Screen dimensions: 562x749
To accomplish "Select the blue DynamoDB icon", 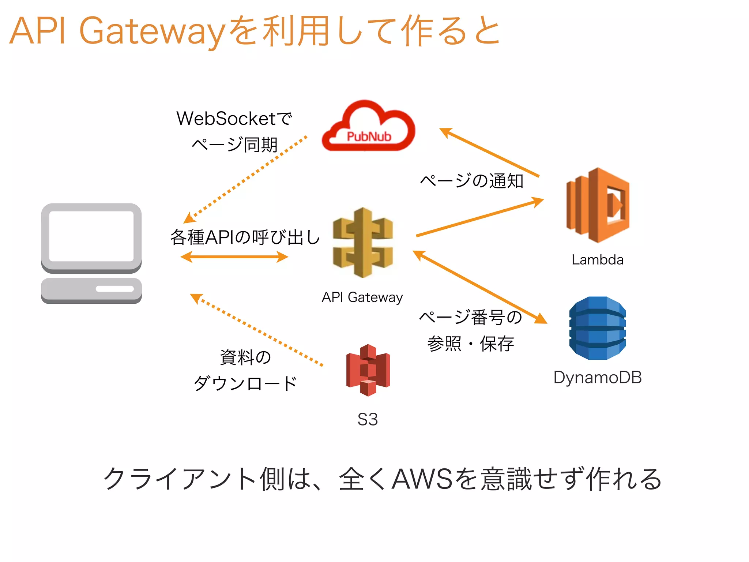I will tap(597, 328).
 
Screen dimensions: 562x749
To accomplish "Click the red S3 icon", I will tap(368, 370).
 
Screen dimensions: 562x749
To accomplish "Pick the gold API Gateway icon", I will tap(363, 242).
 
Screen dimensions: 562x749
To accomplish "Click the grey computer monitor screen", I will tap(91, 236).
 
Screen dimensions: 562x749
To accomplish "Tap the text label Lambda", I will tap(597, 260).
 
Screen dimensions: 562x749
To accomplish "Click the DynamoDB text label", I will tap(597, 378).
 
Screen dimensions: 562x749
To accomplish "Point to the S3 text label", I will tap(368, 419).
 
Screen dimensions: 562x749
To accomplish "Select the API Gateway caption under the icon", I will tap(362, 297).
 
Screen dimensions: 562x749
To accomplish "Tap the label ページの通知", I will tap(472, 181).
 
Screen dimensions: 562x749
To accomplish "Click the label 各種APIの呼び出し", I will tap(245, 237).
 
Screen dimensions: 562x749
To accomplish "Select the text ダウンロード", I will tap(245, 383).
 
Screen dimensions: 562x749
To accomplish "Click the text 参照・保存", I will tap(471, 343).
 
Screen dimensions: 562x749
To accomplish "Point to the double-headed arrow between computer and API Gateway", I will tap(234, 257).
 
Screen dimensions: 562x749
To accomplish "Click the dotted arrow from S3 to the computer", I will tap(256, 329).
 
